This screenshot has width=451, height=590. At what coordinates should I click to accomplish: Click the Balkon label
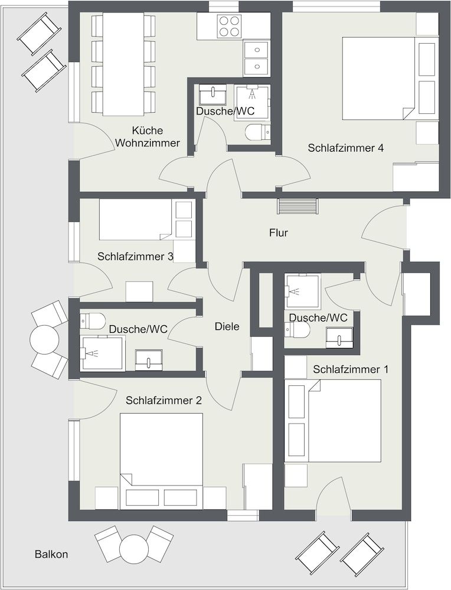coord(51,554)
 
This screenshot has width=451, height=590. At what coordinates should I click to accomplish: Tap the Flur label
coord(279,232)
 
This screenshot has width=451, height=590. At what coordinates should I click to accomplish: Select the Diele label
coord(227,326)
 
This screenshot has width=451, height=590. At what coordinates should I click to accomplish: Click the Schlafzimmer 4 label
coord(345,148)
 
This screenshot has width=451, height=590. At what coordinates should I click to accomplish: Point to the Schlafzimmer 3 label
coord(135,257)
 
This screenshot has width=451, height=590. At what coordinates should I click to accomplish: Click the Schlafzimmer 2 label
coord(164,401)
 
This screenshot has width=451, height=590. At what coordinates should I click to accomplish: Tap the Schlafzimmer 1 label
coord(351,369)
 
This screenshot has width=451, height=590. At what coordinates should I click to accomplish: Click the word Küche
coord(148,130)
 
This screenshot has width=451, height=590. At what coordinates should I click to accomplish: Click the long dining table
coord(123,64)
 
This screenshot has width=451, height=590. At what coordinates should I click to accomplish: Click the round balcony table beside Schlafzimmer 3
coord(44,339)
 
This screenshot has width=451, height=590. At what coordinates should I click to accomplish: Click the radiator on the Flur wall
coord(298,206)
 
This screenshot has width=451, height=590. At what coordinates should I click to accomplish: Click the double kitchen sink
coord(256,58)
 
